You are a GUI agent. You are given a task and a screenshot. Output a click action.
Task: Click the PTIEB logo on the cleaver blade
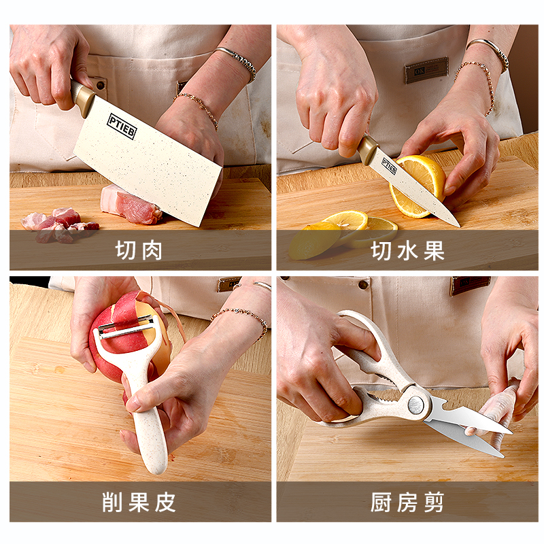click(x=122, y=126)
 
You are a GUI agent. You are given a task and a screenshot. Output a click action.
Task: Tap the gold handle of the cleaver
click(x=82, y=97)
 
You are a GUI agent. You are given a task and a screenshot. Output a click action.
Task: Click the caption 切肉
click(x=139, y=250)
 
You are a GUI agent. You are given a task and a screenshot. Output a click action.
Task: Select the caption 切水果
click(x=407, y=250)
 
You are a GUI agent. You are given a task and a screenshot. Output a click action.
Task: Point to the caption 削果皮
click(x=139, y=502)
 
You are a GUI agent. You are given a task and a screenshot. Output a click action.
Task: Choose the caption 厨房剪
click(x=407, y=502)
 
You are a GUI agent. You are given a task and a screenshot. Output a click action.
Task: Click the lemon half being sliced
click(x=422, y=180)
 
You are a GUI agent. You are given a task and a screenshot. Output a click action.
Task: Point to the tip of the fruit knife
click(x=457, y=224)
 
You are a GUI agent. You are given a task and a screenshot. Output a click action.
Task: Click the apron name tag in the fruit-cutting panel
click(x=426, y=69)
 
